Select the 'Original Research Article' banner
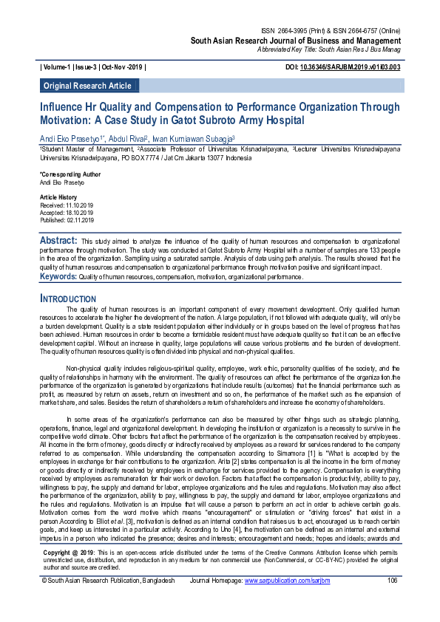coord(87,86)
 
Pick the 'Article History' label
coord(58,197)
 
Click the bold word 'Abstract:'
coord(58,241)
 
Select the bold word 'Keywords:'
coord(58,276)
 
